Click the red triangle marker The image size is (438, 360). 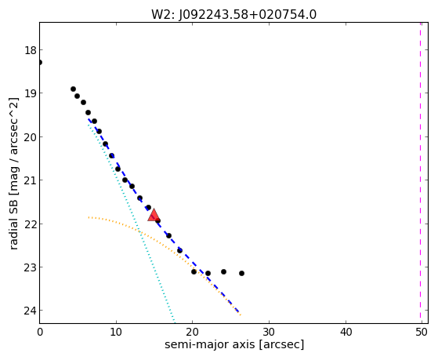(x=154, y=216)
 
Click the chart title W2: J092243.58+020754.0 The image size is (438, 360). (x=233, y=15)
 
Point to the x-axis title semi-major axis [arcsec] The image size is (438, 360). (x=234, y=344)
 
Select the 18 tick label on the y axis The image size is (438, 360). (x=31, y=51)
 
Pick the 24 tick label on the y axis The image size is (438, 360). (x=31, y=311)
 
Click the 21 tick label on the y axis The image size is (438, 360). (x=31, y=180)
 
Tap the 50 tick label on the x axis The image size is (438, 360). (x=422, y=332)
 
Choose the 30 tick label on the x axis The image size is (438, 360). (x=269, y=332)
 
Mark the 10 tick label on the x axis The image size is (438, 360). (x=116, y=332)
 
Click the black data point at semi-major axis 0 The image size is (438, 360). (x=40, y=62)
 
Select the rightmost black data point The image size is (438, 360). (x=241, y=273)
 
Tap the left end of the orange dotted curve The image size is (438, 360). (x=89, y=217)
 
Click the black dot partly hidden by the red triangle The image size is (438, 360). (x=157, y=220)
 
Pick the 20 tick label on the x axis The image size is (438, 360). (x=192, y=332)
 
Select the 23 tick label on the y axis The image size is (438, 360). (x=31, y=267)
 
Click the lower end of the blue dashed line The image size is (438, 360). (x=238, y=311)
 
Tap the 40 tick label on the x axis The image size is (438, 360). (x=346, y=332)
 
